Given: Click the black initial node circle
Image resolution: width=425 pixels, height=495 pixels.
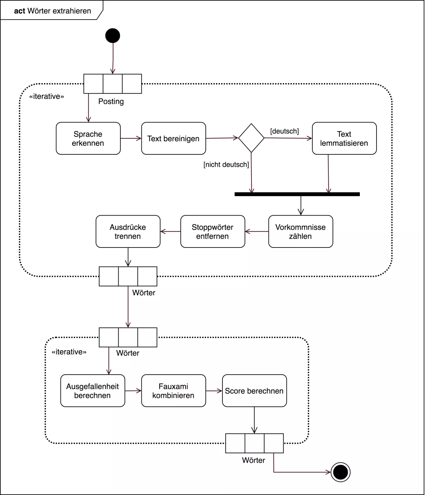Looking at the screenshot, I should (113, 36).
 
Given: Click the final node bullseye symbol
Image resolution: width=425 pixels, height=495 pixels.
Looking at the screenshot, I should (340, 472).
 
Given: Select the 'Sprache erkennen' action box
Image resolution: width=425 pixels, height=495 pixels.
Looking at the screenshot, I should (88, 138).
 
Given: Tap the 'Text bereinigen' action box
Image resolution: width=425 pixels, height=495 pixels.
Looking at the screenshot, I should (174, 138).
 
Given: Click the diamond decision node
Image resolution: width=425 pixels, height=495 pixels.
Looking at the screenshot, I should (251, 138).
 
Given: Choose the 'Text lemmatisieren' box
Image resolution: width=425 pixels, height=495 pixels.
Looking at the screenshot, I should (344, 138).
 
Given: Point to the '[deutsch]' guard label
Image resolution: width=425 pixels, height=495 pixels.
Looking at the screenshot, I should (284, 131).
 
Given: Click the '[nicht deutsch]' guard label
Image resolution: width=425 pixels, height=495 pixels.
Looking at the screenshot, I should (226, 165).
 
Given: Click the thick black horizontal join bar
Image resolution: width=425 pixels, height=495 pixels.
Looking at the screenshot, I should (297, 194).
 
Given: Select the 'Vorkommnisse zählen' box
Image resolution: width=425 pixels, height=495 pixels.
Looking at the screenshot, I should (300, 232).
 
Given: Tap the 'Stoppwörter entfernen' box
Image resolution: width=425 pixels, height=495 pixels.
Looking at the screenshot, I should (212, 232).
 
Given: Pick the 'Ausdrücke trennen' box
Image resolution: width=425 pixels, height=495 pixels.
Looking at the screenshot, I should (128, 232).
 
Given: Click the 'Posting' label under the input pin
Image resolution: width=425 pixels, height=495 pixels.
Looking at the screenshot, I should (111, 102).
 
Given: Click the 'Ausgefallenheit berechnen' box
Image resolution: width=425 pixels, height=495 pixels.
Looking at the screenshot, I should (92, 391).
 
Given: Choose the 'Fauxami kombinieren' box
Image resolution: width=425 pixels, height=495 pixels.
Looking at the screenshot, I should (173, 391).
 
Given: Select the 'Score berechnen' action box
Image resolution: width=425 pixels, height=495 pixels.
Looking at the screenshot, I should (254, 391).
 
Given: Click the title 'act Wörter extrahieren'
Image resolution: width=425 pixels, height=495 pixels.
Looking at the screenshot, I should (52, 11).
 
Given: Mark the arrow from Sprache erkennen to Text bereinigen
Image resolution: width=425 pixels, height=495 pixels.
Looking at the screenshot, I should (131, 138).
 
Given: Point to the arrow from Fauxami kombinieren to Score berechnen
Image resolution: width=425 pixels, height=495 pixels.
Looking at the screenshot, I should (214, 391).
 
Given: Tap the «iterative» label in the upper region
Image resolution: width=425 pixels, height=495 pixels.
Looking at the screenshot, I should (46, 97).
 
